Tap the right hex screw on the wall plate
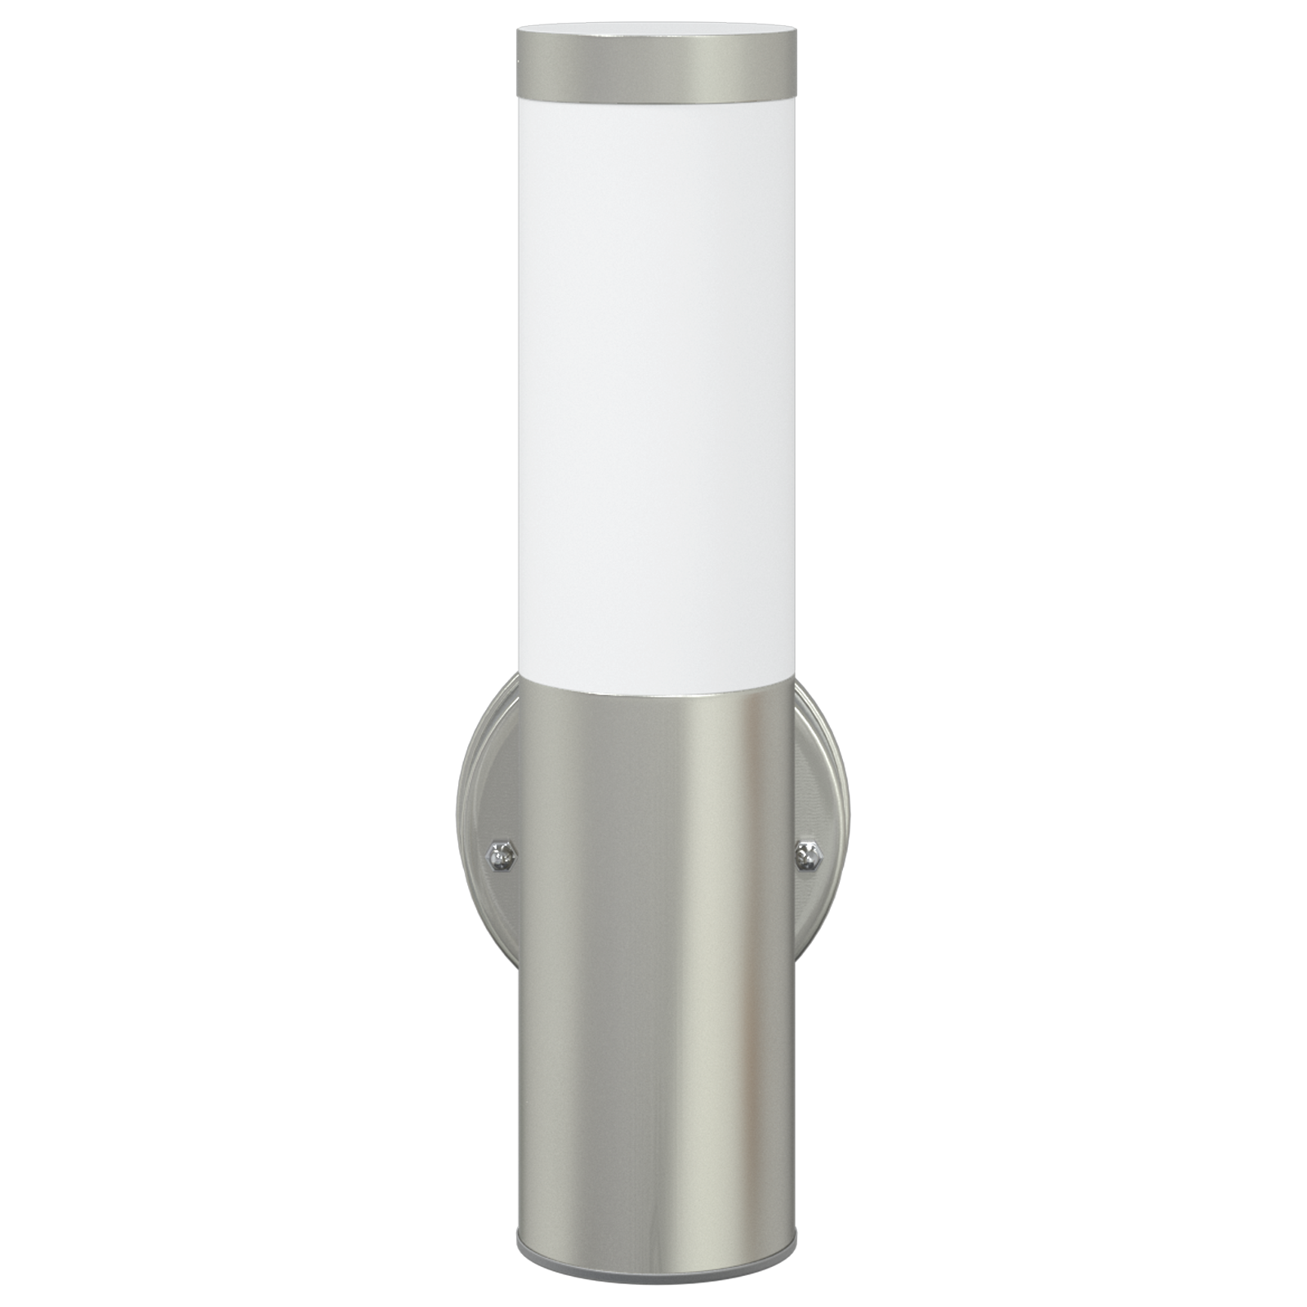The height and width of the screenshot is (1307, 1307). click(x=809, y=854)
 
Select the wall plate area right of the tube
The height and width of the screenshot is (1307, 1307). click(x=821, y=784)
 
